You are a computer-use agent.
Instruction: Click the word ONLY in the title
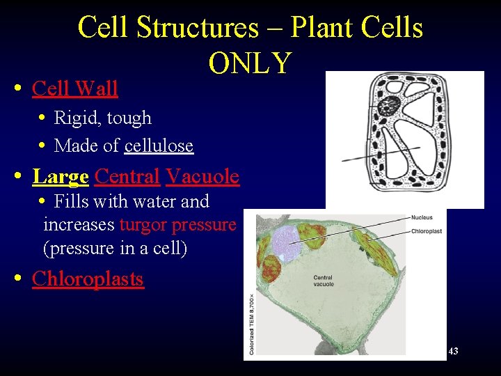250,63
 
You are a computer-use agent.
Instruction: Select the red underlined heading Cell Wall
75,88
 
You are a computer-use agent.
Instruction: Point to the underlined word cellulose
159,146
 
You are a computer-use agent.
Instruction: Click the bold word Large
61,176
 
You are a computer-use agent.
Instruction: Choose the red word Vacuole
202,176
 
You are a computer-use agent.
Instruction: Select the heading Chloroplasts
88,279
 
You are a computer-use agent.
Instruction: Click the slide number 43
453,351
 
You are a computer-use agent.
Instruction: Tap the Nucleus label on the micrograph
422,217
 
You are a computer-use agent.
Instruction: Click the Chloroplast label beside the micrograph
426,230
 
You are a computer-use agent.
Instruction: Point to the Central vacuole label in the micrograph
324,281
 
